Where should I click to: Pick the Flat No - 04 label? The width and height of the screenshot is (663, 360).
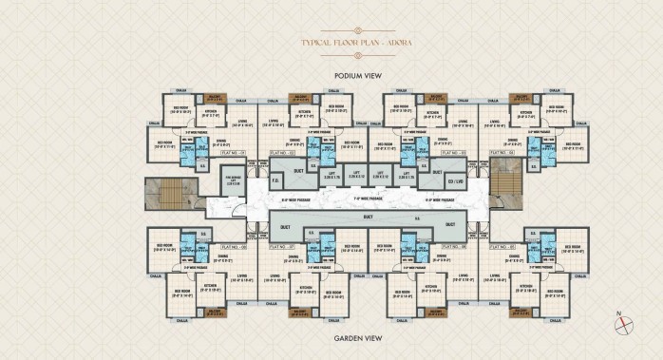click(233, 152)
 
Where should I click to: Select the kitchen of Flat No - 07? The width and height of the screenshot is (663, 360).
click(306, 288)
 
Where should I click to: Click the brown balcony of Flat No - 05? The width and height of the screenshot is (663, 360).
click(521, 312)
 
